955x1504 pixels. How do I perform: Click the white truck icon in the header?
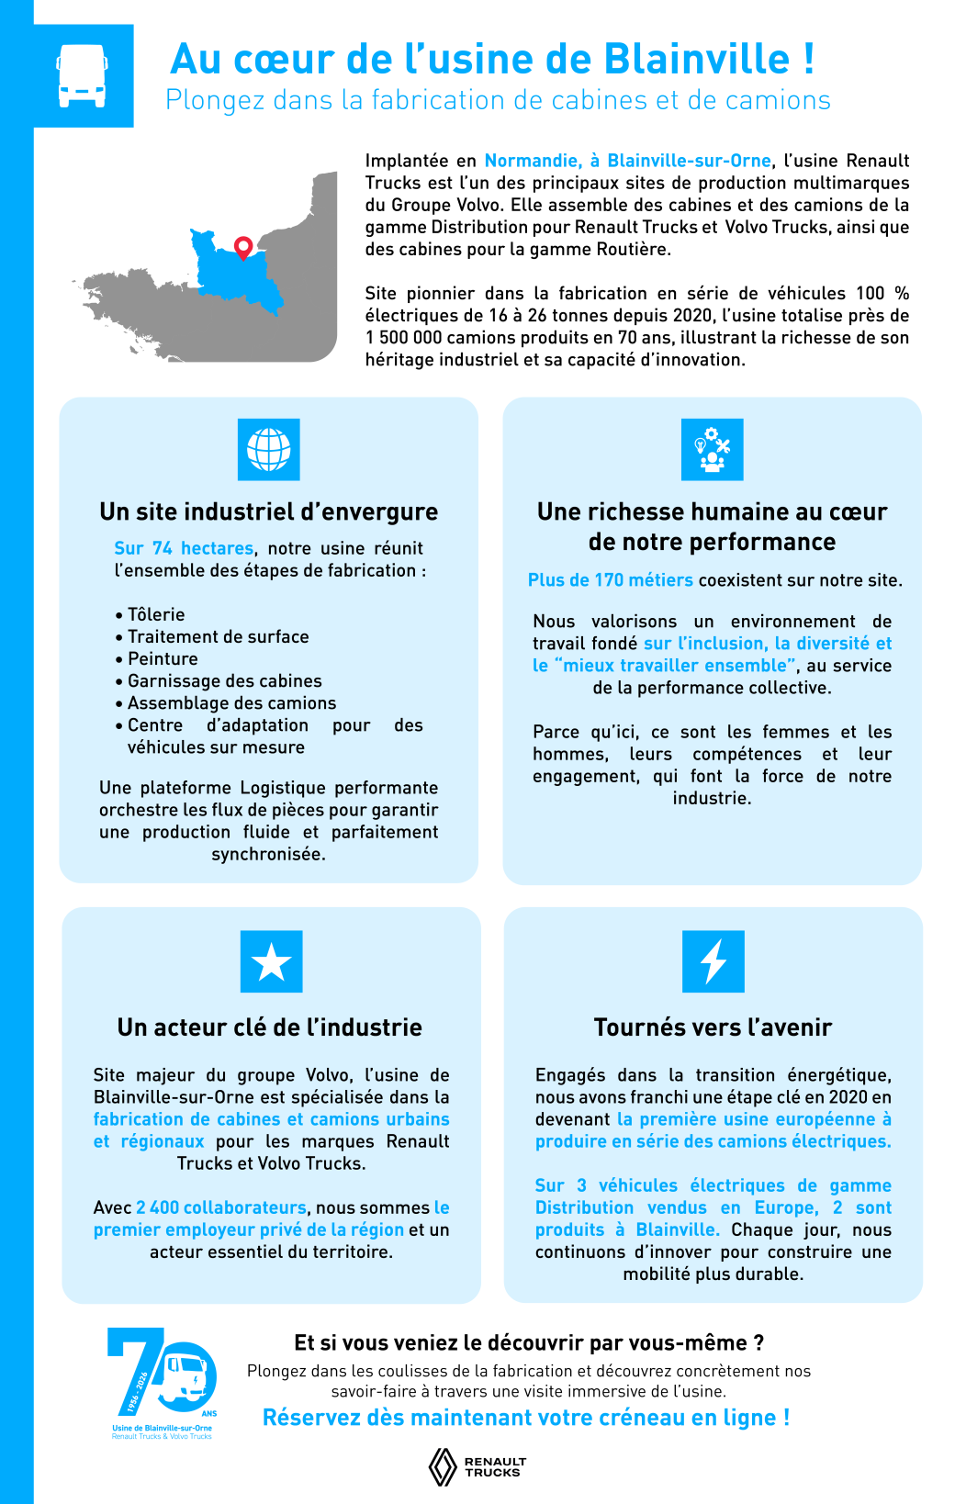click(x=83, y=75)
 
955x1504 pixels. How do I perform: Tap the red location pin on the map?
click(x=243, y=247)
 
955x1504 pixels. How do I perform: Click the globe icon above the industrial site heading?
click(x=268, y=449)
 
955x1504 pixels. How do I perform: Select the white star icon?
click(x=271, y=961)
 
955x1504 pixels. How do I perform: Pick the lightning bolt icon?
click(x=713, y=961)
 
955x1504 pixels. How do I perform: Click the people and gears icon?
click(x=712, y=449)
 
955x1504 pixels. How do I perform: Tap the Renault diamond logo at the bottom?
click(x=444, y=1466)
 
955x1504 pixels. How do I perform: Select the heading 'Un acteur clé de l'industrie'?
click(x=269, y=1027)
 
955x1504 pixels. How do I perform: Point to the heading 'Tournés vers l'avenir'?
click(x=713, y=1027)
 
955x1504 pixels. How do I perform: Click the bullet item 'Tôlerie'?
click(x=156, y=614)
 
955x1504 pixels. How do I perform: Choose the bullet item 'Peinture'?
click(x=163, y=658)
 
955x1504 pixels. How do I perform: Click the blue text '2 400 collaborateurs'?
click(x=221, y=1207)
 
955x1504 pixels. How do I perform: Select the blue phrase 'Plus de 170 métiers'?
click(x=610, y=580)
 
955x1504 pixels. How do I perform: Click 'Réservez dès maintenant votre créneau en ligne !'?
click(x=525, y=1418)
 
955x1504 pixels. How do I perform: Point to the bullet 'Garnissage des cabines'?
click(x=224, y=680)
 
